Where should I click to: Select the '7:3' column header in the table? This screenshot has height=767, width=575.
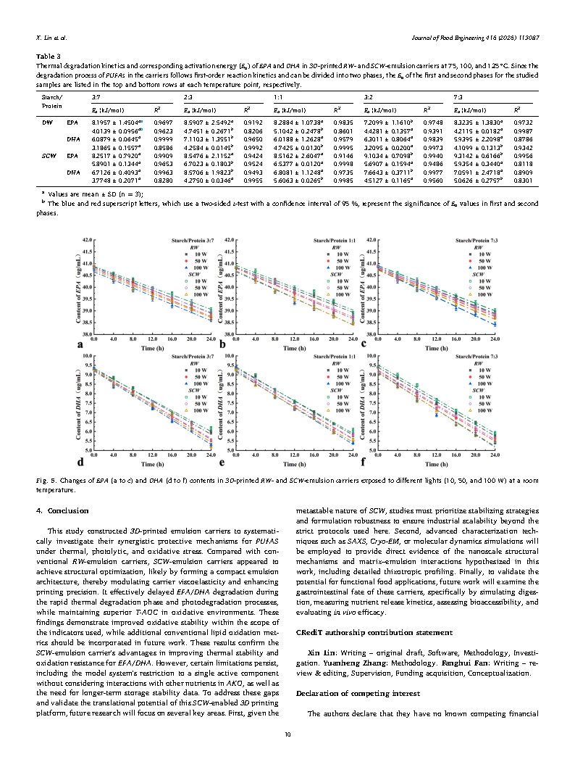pos(458,96)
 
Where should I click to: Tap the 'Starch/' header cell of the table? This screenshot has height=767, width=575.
pos(51,96)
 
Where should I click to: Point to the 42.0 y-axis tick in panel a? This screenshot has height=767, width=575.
pos(86,239)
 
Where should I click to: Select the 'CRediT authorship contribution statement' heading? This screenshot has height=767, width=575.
pos(356,633)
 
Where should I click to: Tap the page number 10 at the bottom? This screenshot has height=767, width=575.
pos(287,735)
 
